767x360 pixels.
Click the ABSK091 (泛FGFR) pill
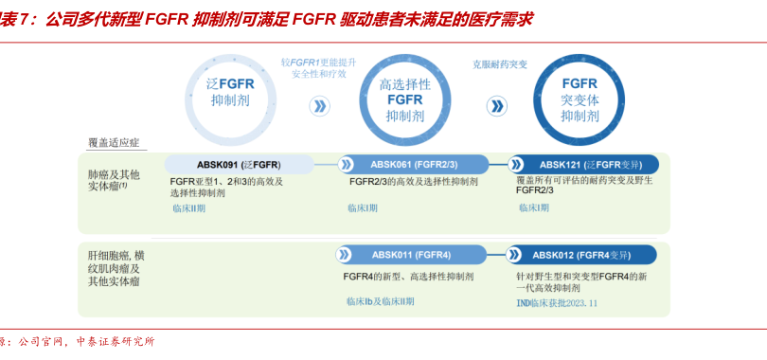239,164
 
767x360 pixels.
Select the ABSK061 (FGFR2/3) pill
415,164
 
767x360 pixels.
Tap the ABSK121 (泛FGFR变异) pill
584,164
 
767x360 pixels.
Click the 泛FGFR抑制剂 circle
231,92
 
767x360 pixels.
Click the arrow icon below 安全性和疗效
319,105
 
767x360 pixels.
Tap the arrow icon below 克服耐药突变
493,105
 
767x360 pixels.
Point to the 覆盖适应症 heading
114,142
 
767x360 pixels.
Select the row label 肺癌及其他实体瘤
115,180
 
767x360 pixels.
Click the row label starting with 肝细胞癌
116,268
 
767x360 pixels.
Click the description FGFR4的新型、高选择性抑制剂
409,277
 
